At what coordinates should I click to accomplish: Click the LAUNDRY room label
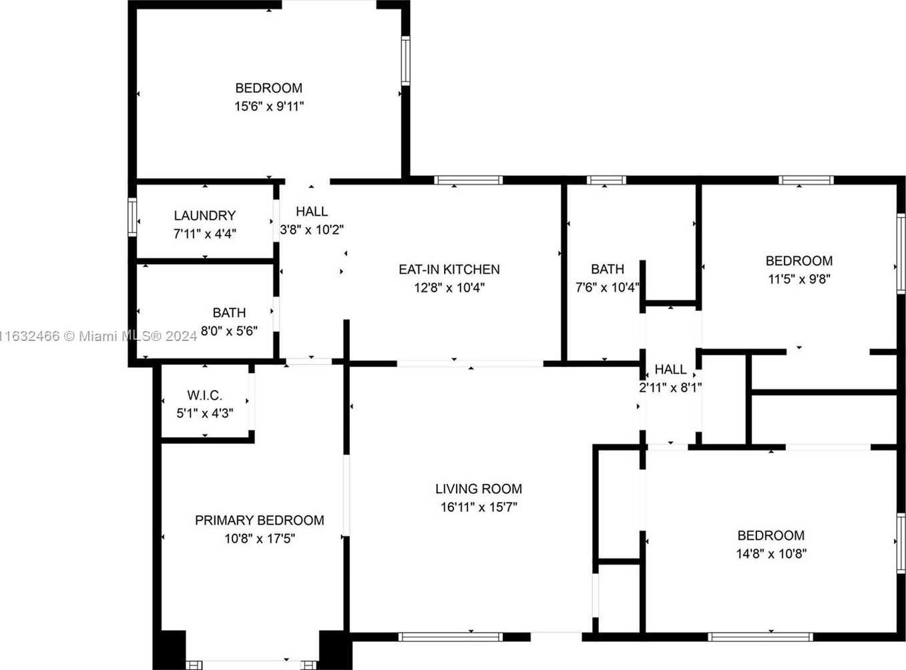(x=205, y=216)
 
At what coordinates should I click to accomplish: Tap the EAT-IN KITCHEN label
(x=449, y=270)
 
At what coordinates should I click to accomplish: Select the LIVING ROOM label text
(x=478, y=488)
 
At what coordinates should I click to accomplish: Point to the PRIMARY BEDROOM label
(x=260, y=520)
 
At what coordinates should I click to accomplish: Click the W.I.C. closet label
(x=205, y=395)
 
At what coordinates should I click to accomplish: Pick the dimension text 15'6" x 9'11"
(x=269, y=107)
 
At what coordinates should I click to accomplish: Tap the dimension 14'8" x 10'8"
(x=771, y=554)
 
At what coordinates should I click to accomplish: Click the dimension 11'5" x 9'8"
(x=799, y=279)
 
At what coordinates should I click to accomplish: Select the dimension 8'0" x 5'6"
(x=229, y=331)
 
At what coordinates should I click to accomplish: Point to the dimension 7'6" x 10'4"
(x=607, y=288)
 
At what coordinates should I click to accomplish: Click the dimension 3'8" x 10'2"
(x=311, y=230)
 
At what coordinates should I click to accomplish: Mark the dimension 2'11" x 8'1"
(x=670, y=388)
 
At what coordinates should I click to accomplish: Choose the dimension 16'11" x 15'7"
(x=478, y=507)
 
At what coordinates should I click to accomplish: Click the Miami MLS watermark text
(x=98, y=336)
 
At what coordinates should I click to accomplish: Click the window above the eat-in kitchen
(x=468, y=180)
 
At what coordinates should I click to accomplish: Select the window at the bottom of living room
(x=451, y=637)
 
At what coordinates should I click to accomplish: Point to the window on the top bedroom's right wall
(x=405, y=61)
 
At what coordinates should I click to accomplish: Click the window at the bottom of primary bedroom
(x=251, y=665)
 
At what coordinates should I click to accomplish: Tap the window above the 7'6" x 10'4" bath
(x=606, y=180)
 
